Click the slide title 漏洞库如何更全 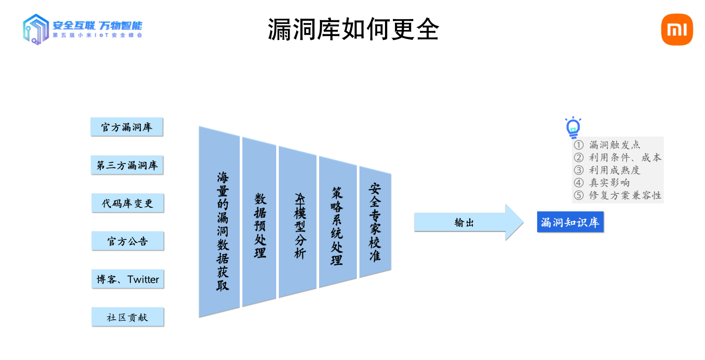353,29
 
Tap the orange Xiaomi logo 677,29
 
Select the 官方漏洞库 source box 127,127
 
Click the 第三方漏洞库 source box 127,165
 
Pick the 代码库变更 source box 127,203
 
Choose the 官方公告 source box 127,241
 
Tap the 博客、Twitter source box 127,279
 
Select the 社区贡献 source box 127,317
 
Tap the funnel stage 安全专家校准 375,222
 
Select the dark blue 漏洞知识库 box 570,222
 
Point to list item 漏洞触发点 614,145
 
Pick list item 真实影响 609,183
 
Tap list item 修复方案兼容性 625,195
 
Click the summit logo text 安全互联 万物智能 97,26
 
